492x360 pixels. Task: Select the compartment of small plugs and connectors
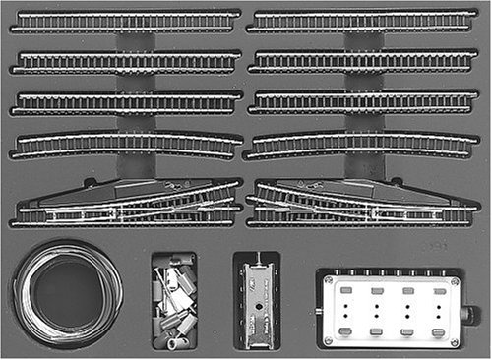point(174,301)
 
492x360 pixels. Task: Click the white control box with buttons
point(390,311)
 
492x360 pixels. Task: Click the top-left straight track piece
point(126,21)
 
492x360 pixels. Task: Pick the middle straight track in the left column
point(126,61)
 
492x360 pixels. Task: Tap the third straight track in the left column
point(126,101)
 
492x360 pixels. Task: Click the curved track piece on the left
point(126,143)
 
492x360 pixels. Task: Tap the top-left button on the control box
point(345,291)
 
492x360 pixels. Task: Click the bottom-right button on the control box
point(436,332)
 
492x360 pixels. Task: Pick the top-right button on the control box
point(436,291)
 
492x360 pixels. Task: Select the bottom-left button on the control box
point(345,332)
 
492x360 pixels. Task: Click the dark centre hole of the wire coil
point(65,293)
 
